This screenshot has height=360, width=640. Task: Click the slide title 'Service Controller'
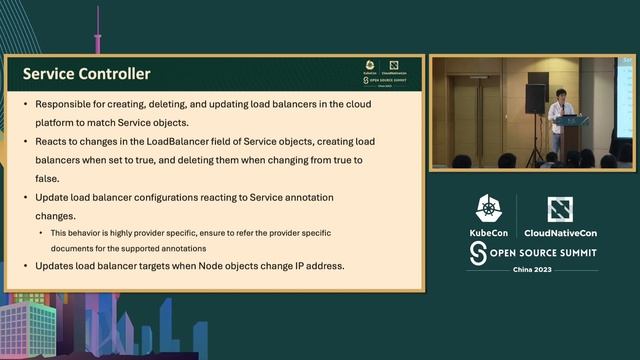coord(86,74)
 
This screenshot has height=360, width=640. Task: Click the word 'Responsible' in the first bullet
coord(66,104)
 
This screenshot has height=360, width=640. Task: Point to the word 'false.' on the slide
coord(49,177)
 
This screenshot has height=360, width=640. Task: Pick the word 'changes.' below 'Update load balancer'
coord(57,215)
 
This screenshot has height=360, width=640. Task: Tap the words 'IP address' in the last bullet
coord(316,266)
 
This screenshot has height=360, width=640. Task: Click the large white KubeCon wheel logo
coord(489,209)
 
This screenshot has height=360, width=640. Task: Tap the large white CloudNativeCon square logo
coord(560,209)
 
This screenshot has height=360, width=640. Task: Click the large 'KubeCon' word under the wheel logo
coord(489,232)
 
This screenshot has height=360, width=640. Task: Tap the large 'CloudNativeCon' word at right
coord(561,232)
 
